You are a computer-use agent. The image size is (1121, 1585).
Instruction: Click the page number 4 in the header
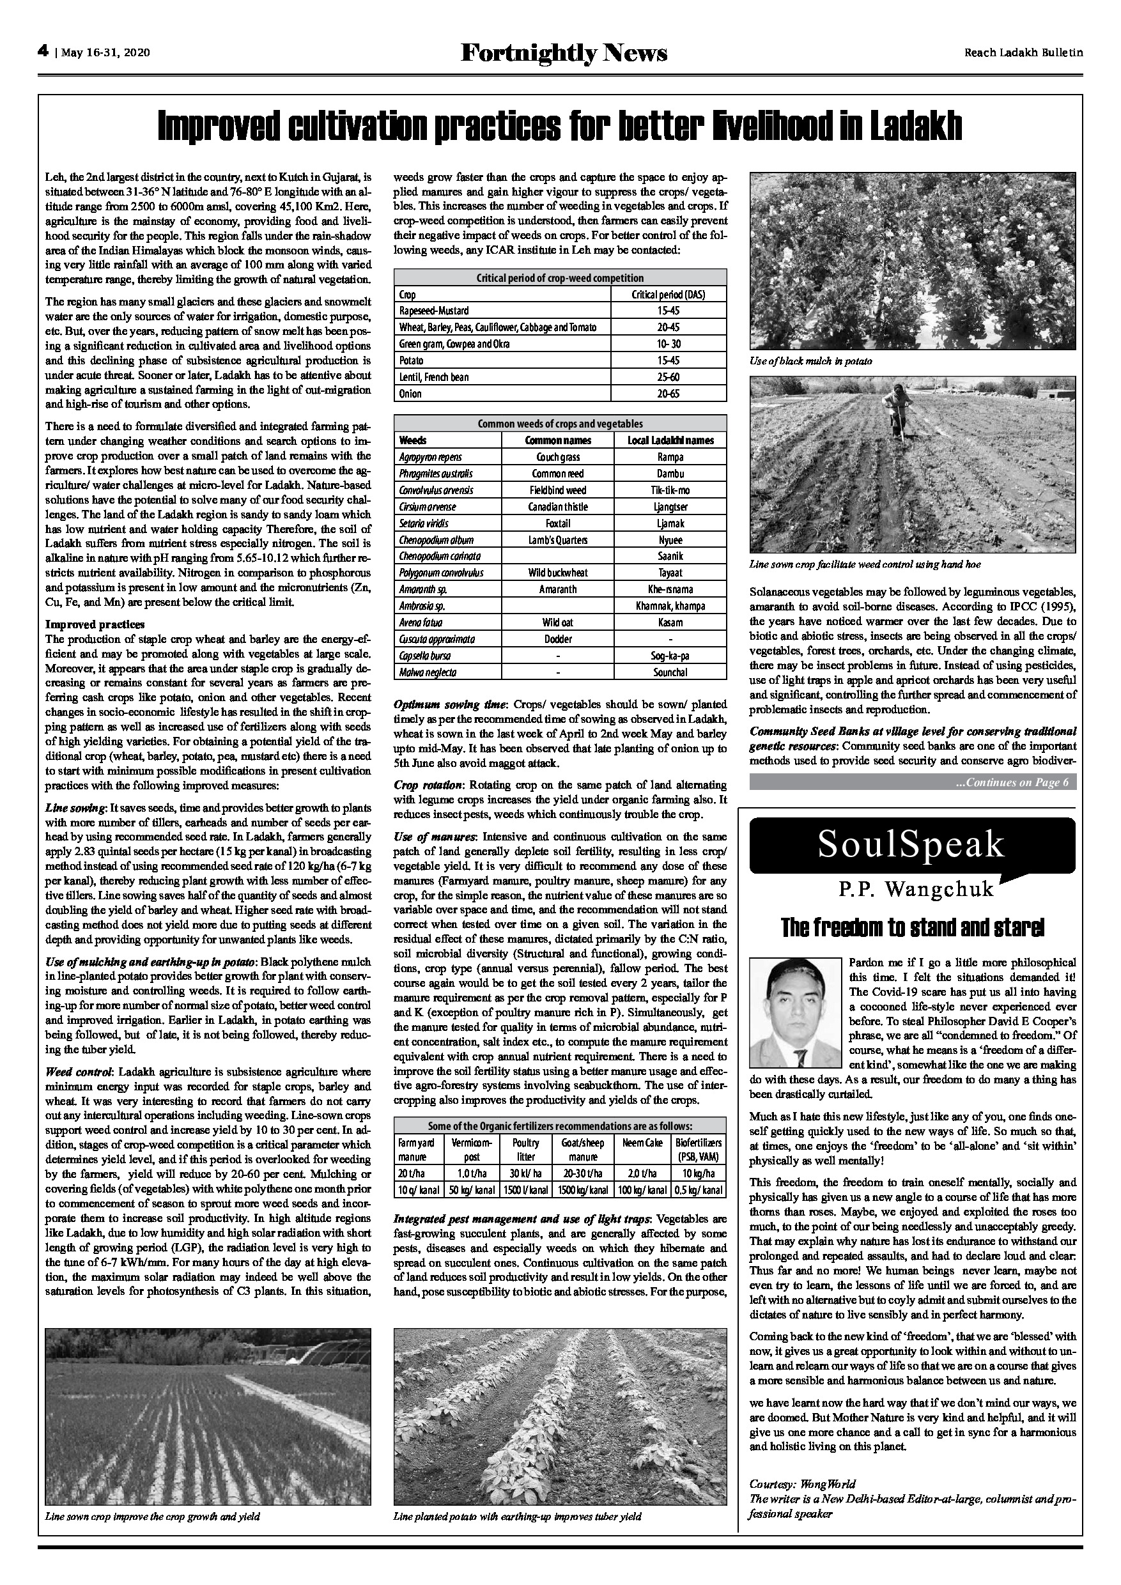pos(43,51)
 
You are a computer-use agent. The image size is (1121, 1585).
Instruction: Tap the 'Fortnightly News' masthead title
pos(564,52)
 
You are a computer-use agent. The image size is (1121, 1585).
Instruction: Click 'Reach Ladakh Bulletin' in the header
pos(1024,52)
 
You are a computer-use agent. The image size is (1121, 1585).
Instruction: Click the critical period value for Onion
pos(668,394)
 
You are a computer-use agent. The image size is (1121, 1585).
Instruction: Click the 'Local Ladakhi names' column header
pos(670,440)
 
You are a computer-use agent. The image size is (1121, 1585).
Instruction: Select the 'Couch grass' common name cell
pos(558,457)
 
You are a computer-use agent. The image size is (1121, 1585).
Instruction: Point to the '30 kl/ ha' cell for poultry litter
pos(526,1173)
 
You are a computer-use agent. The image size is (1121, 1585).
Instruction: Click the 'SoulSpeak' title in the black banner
pos(911,844)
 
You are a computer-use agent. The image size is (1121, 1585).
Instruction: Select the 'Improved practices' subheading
pos(85,625)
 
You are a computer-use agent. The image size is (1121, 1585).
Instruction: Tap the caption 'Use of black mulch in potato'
pos(801,361)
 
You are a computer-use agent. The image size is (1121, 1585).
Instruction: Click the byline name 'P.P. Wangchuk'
pos(916,889)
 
